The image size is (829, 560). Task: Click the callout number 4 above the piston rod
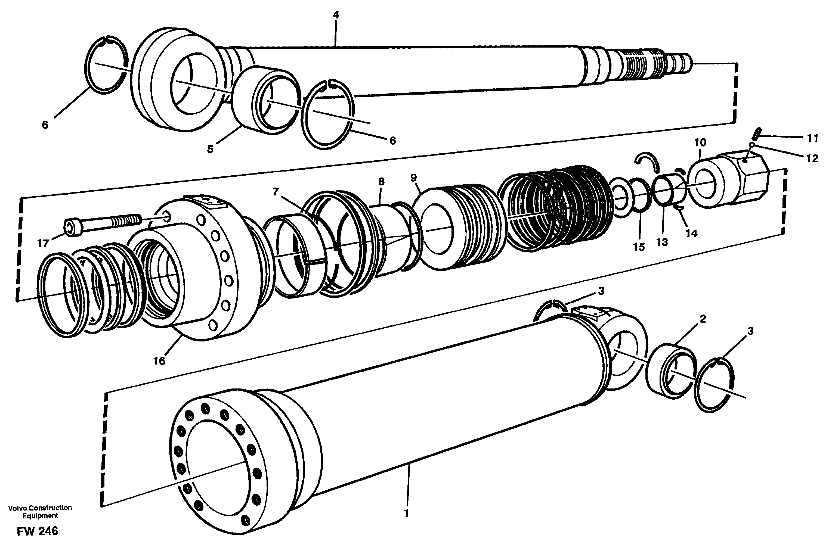[336, 15]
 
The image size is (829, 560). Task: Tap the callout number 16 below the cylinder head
[159, 361]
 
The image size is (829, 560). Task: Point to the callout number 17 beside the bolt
[43, 244]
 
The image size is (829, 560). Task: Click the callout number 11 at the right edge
[813, 138]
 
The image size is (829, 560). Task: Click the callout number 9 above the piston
[413, 178]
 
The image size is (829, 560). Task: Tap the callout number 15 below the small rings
[639, 247]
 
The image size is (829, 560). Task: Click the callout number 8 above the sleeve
[381, 181]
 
